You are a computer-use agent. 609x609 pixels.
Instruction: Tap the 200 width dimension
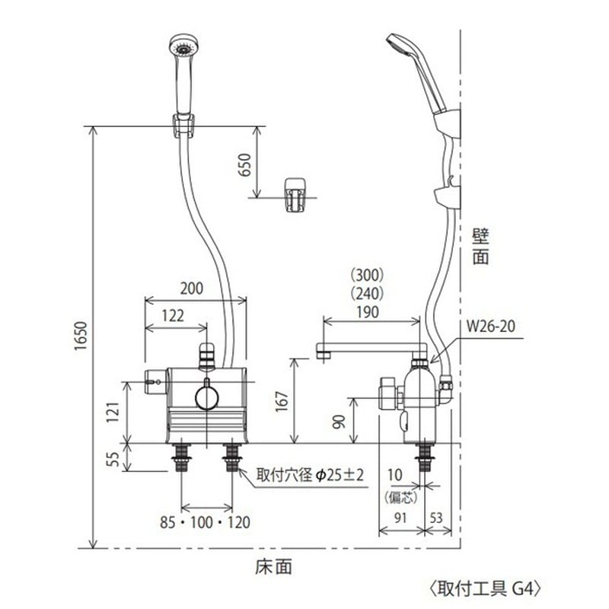[x=193, y=289]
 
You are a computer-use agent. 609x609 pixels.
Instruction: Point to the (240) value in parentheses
[x=368, y=292]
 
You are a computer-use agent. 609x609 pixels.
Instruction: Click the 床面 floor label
[x=273, y=566]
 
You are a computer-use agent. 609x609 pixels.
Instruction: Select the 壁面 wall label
[x=480, y=245]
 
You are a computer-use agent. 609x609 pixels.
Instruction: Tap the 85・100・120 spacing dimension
[x=207, y=523]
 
